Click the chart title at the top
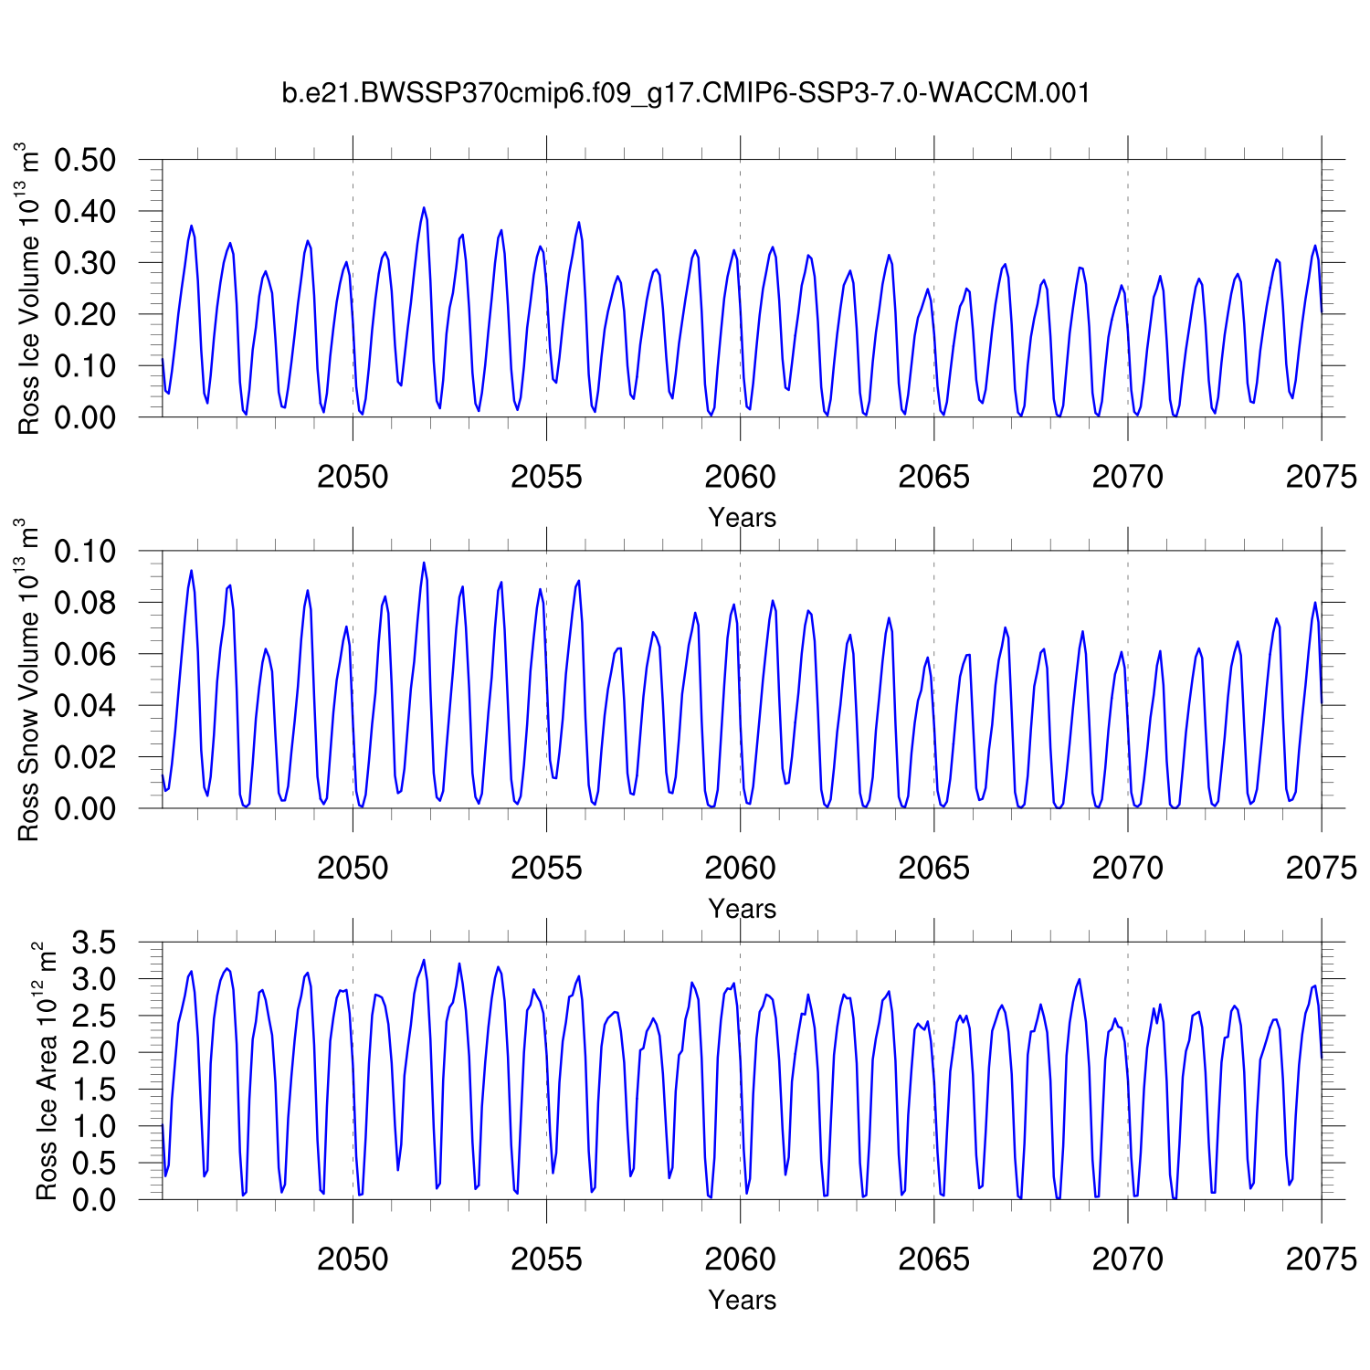point(685,93)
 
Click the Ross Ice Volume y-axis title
point(29,289)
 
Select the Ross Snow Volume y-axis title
point(29,680)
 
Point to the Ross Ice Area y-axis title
point(46,1071)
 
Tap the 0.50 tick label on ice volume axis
point(85,160)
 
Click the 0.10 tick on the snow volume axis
point(85,552)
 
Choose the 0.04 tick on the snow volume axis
point(85,706)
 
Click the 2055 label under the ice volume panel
point(546,477)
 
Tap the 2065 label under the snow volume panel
point(933,868)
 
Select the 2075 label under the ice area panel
point(1321,1259)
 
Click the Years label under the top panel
point(742,518)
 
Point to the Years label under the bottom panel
point(742,1300)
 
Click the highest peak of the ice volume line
point(424,208)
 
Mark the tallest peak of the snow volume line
point(424,563)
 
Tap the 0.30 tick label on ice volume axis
point(85,263)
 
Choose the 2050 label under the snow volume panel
point(353,868)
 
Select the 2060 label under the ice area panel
point(740,1259)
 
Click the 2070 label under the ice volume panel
point(1127,477)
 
